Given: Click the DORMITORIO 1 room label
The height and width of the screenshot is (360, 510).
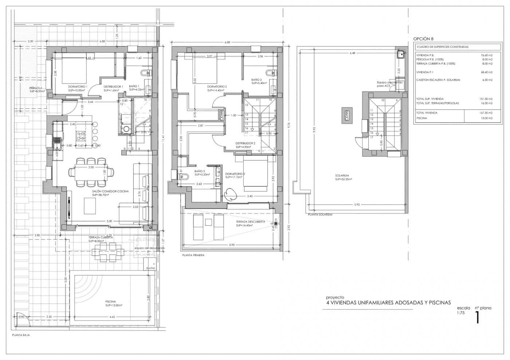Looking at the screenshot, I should tap(78, 87).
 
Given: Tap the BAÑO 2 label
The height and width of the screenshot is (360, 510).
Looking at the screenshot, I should tap(256, 79).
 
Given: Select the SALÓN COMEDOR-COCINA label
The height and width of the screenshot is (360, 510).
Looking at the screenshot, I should tap(110, 191).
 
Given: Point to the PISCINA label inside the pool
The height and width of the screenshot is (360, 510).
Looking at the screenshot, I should tap(110, 302).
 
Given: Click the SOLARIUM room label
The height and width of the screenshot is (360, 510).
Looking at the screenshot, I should tap(342, 175).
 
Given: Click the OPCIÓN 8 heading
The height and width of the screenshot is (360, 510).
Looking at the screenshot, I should tap(423, 39).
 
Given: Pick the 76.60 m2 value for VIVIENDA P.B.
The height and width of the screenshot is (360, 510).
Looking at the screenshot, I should tap(486, 55).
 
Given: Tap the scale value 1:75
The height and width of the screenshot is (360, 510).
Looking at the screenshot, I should tap(461, 313).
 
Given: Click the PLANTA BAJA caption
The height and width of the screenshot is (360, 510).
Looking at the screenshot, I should tap(21, 335).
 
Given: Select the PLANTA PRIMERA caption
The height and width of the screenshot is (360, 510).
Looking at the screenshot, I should tap(193, 255).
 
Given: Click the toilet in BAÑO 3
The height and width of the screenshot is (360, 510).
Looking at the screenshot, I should tap(184, 177).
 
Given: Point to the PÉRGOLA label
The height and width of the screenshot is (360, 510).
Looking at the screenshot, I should tap(36, 88).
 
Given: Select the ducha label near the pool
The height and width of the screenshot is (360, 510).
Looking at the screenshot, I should tap(150, 268).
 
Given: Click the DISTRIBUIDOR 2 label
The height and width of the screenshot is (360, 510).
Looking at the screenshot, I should tap(245, 143).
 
